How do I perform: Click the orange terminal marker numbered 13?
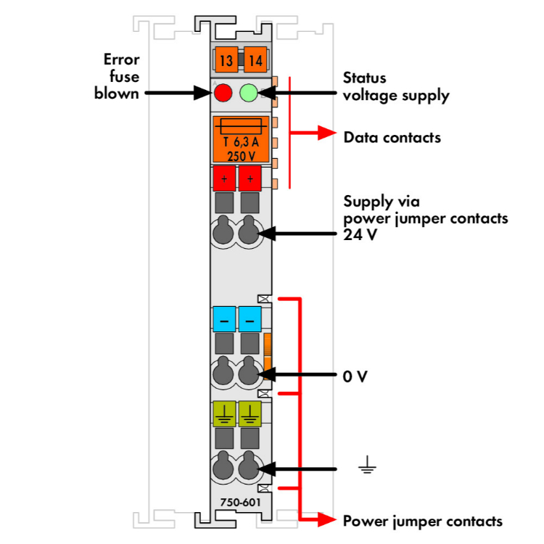[x=226, y=61]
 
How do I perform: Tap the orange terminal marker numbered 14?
[x=255, y=61]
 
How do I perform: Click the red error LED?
[x=223, y=94]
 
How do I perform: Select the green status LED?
[x=249, y=94]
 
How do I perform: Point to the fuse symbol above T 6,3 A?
[x=240, y=125]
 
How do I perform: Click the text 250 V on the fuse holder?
[x=240, y=154]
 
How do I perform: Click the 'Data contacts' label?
[x=392, y=136]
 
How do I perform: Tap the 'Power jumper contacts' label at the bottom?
[x=422, y=521]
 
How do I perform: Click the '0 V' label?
[x=355, y=376]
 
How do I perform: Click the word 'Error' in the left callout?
[x=121, y=60]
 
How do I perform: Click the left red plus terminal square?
[x=223, y=178]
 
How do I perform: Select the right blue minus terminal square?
[x=250, y=319]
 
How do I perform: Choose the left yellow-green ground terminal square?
[x=223, y=413]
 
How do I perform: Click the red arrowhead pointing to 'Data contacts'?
[x=327, y=134]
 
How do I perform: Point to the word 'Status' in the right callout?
[x=365, y=78]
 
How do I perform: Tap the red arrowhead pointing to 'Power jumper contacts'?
[x=327, y=519]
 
